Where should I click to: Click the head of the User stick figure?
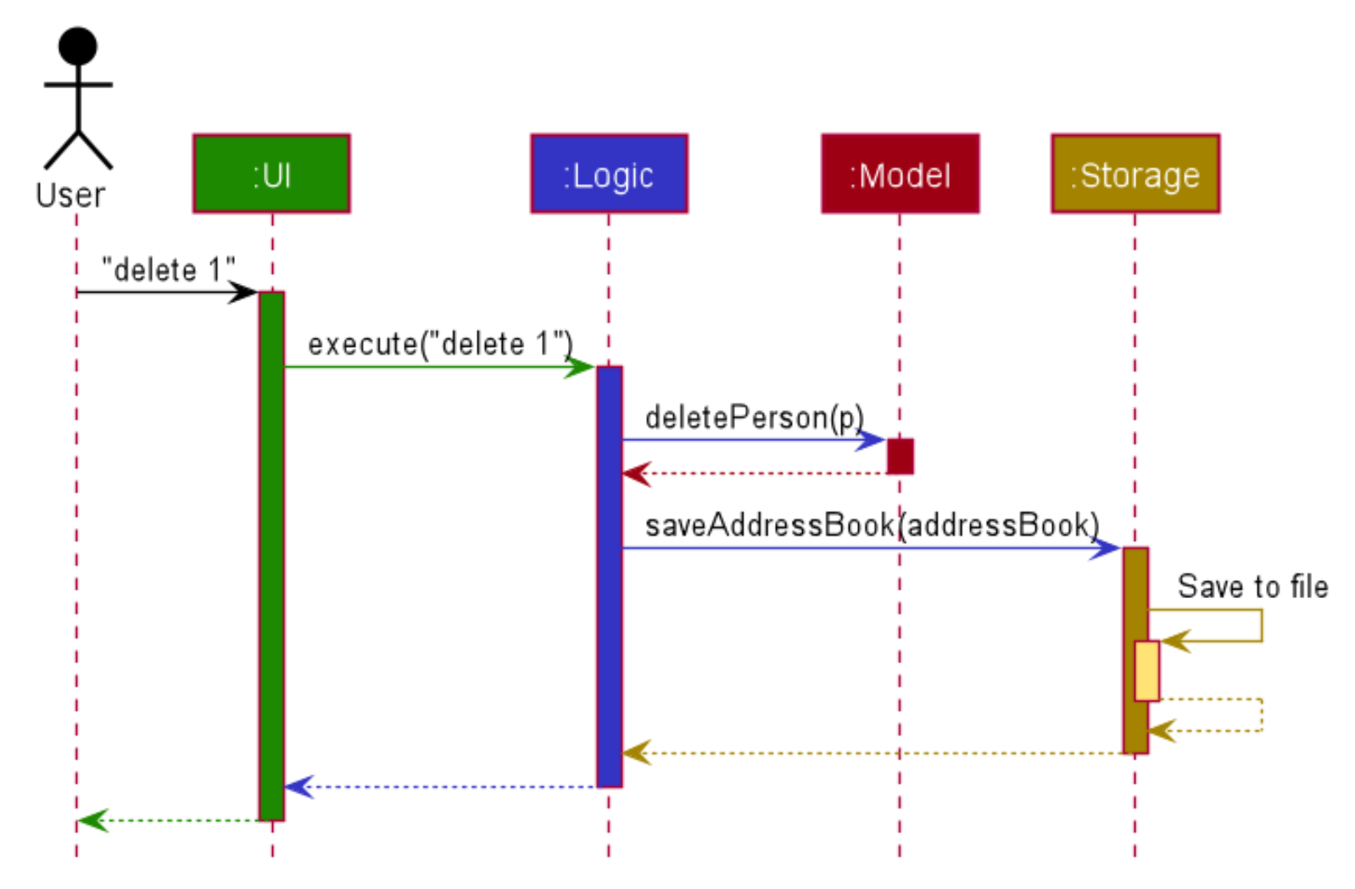click(x=77, y=46)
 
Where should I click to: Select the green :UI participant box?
click(x=271, y=174)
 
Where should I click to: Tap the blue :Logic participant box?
click(x=609, y=174)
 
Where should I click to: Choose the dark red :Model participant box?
click(x=900, y=174)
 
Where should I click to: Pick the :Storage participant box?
click(x=1135, y=174)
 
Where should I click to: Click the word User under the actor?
click(x=70, y=196)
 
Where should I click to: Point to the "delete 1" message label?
click(x=168, y=270)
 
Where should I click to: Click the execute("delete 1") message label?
click(x=440, y=344)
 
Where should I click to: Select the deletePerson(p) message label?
click(x=754, y=417)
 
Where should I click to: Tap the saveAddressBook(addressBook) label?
click(x=872, y=525)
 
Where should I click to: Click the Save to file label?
click(x=1252, y=586)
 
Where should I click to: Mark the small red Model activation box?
click(x=900, y=456)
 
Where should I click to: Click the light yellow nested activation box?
click(x=1146, y=670)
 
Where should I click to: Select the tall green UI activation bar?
click(x=271, y=556)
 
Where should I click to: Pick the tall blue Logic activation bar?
click(x=609, y=577)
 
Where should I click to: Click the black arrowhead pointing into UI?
click(x=245, y=293)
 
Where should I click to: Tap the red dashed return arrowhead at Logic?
click(x=636, y=473)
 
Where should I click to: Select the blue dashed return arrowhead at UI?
click(x=299, y=786)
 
